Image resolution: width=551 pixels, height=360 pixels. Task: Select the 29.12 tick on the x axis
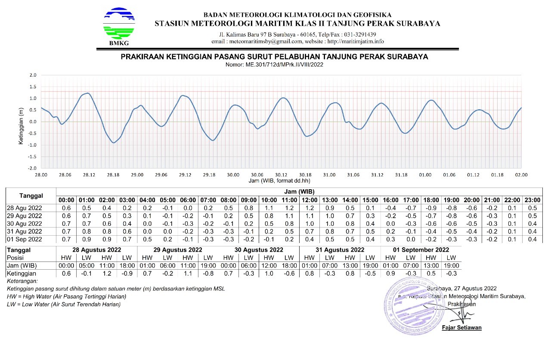185,175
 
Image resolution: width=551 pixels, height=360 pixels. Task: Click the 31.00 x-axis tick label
329,175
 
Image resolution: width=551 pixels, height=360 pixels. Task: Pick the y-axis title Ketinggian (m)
21,122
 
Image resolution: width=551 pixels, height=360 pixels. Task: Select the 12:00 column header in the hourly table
310,200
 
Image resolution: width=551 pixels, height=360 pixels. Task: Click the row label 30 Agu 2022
25,223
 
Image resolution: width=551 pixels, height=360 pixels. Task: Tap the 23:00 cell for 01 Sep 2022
532,239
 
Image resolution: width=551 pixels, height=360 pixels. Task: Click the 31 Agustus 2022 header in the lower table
340,249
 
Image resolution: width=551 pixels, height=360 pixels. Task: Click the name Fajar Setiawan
461,328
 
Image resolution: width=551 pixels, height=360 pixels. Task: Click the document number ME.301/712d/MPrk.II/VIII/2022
274,65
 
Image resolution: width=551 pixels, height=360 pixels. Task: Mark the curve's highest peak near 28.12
87,93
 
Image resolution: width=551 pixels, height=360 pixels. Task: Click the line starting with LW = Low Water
64,305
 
